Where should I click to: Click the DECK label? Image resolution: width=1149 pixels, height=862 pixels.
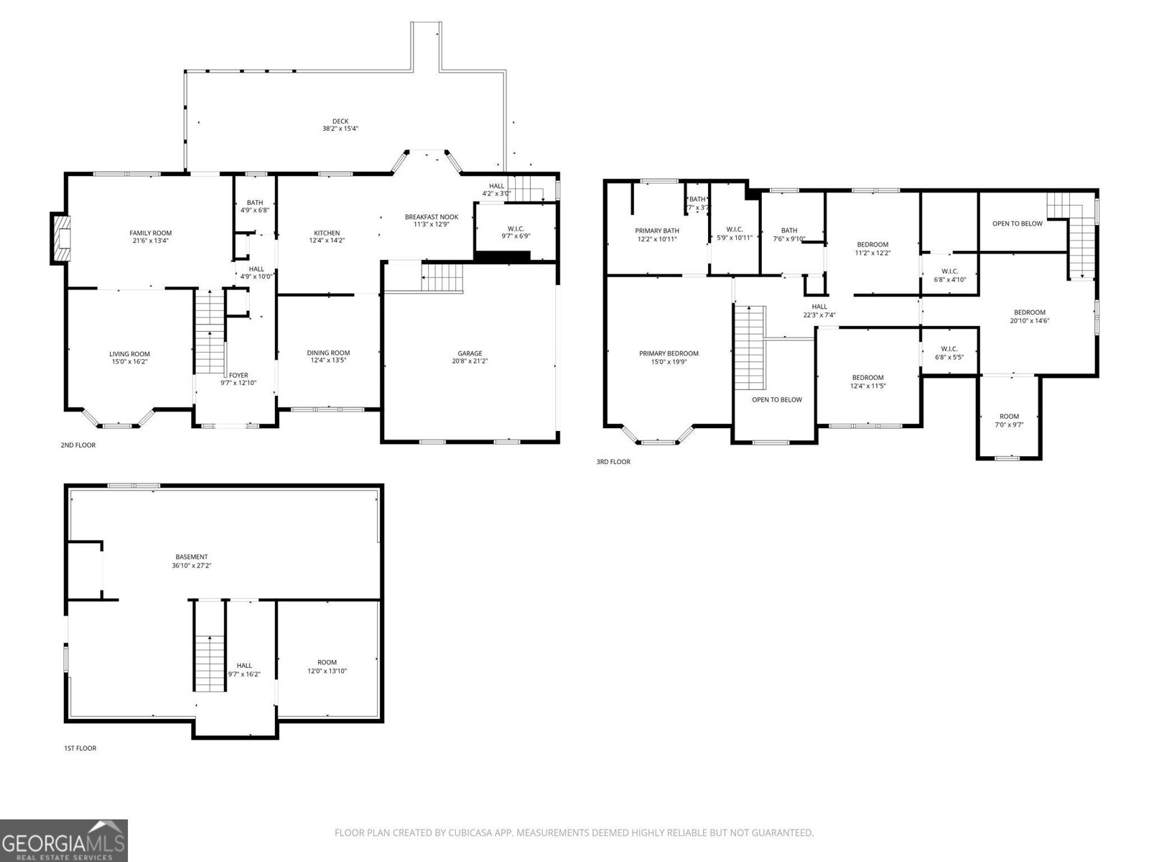(x=340, y=121)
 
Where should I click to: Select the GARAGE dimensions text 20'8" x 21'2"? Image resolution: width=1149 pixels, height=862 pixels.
(x=470, y=361)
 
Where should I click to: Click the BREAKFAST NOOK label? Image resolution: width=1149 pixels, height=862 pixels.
(x=431, y=216)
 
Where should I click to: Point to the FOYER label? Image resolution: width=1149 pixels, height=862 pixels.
(x=238, y=375)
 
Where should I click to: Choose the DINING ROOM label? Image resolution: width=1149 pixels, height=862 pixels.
(x=328, y=352)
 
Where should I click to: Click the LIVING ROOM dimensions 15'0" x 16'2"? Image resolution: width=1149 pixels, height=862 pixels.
(x=129, y=362)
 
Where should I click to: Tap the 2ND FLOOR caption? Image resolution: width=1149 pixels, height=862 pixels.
(x=78, y=445)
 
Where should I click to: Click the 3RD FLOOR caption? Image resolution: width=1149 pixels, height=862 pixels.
(x=613, y=462)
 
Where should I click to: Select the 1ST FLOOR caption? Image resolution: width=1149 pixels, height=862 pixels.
(x=80, y=749)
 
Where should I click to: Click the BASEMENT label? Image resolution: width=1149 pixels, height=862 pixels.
(x=192, y=557)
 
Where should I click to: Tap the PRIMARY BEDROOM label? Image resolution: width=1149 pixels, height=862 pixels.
(x=669, y=353)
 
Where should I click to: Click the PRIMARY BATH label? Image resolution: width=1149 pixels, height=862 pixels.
(x=656, y=231)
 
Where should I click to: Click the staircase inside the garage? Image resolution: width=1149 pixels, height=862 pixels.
(x=442, y=277)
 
